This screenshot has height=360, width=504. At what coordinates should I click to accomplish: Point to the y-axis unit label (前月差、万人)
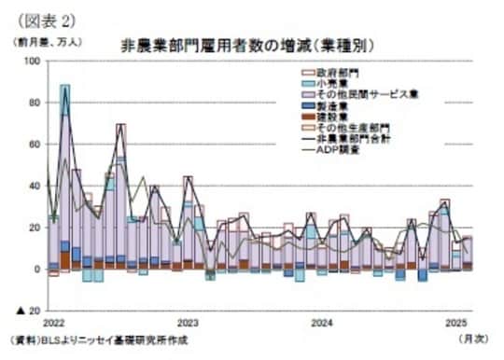[47, 43]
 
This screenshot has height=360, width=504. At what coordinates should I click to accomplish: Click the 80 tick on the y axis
[34, 102]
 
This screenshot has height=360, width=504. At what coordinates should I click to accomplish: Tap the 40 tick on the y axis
[34, 185]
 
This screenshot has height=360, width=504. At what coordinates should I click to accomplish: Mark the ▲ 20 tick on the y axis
[28, 310]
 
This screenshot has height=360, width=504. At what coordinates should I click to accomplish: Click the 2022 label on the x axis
[54, 322]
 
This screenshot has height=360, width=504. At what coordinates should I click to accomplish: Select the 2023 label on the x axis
[189, 322]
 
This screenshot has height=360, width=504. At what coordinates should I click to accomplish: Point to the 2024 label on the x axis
[322, 322]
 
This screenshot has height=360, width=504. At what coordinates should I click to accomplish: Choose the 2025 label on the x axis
[455, 322]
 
